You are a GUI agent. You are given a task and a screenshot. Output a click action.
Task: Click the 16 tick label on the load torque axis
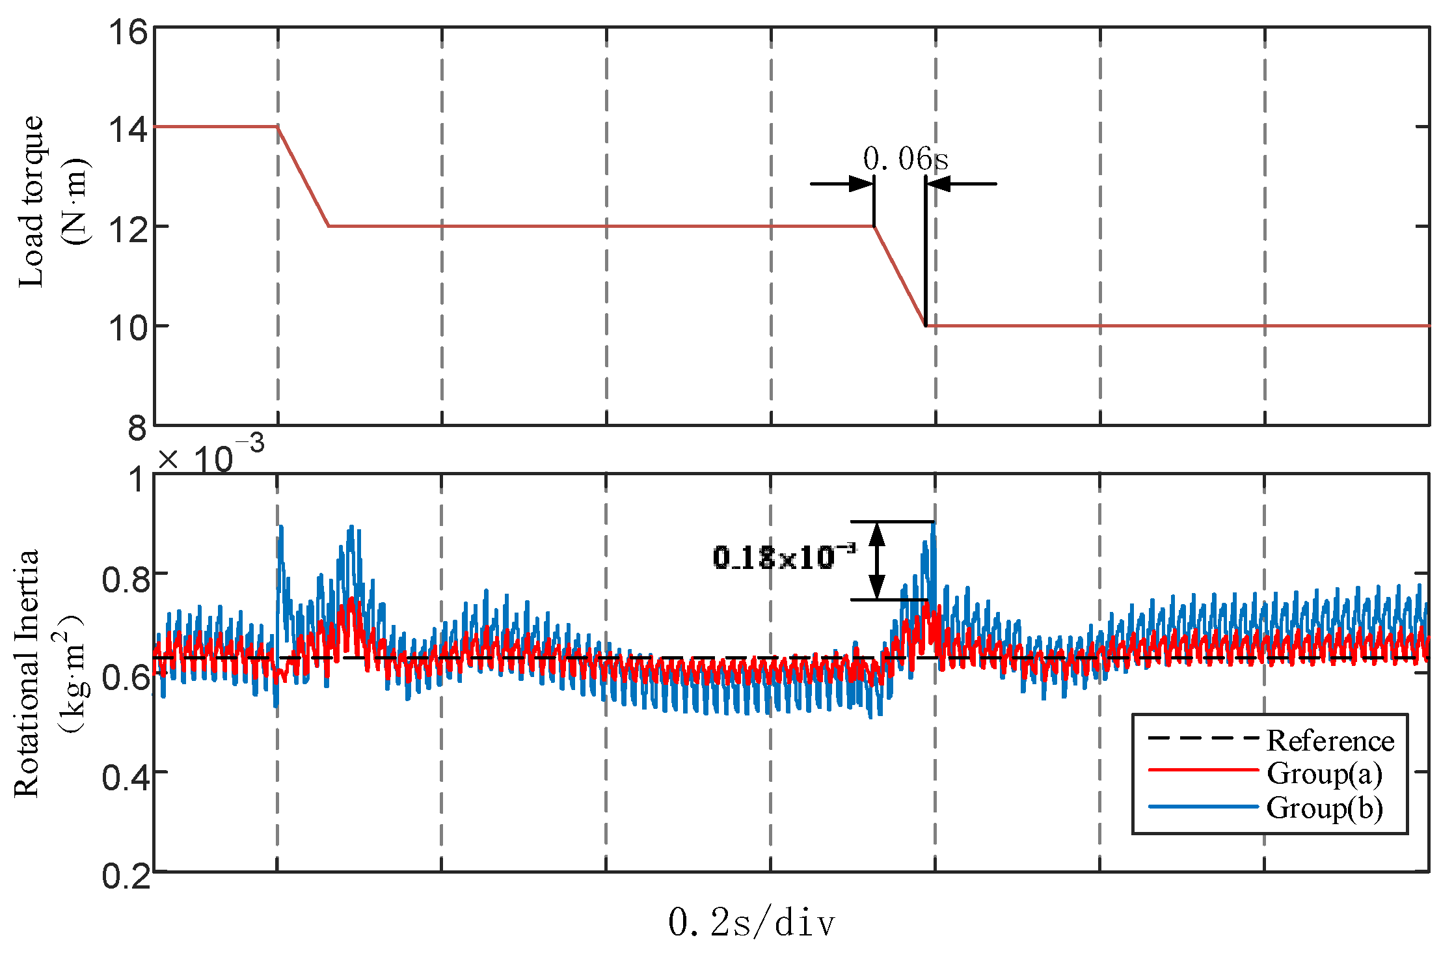(128, 32)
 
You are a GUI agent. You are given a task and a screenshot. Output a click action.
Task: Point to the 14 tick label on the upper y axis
(128, 129)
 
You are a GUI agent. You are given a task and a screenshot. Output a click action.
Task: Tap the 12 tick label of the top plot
(128, 228)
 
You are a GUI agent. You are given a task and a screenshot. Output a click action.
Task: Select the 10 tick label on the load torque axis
(128, 327)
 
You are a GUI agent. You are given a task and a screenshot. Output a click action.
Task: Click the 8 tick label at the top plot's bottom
(137, 428)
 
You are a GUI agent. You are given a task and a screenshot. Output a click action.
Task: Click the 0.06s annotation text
(905, 159)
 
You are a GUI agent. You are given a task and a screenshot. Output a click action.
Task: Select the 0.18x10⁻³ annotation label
(785, 557)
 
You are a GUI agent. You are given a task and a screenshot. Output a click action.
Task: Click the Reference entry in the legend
(1330, 741)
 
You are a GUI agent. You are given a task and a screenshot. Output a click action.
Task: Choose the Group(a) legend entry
(1324, 773)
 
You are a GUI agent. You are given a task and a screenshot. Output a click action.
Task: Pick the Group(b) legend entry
(1324, 808)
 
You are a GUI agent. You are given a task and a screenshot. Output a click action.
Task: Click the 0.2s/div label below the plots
(751, 922)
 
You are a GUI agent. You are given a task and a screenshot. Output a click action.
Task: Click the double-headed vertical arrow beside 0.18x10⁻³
(877, 561)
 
